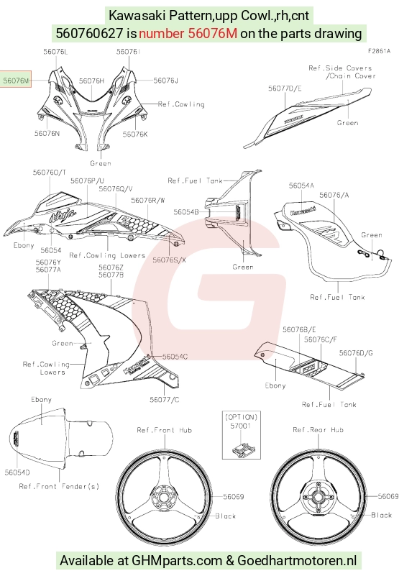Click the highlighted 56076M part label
tap(16, 79)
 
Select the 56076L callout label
tap(55, 52)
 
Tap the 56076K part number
tap(135, 134)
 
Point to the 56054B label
tap(186, 212)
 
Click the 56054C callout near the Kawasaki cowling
tap(175, 357)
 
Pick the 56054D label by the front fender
tap(17, 472)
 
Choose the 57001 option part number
tap(241, 426)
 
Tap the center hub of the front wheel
tap(162, 498)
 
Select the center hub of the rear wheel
tap(317, 498)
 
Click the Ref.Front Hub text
tap(164, 430)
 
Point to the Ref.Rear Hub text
tap(319, 430)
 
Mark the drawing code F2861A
tap(379, 51)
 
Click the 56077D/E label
tap(285, 88)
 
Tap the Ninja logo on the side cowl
tap(63, 214)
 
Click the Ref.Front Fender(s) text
tap(59, 486)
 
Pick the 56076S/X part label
tap(170, 260)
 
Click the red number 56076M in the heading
tap(188, 33)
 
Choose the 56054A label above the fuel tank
tap(301, 186)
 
